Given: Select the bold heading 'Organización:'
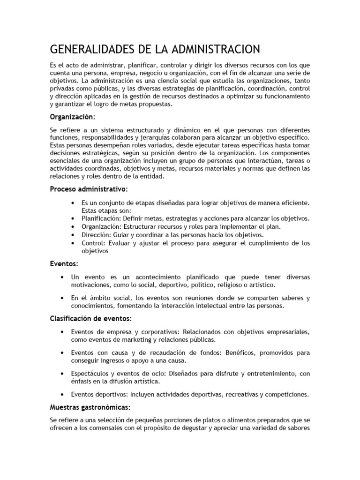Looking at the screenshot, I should point(72,116).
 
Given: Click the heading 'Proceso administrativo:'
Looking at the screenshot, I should point(88,189).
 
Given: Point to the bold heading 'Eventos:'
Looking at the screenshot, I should point(64,264).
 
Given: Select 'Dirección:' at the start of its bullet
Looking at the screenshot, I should point(96,234).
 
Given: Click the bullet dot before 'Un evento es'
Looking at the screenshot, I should point(62,277).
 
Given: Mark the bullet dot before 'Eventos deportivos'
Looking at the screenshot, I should point(62,394).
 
